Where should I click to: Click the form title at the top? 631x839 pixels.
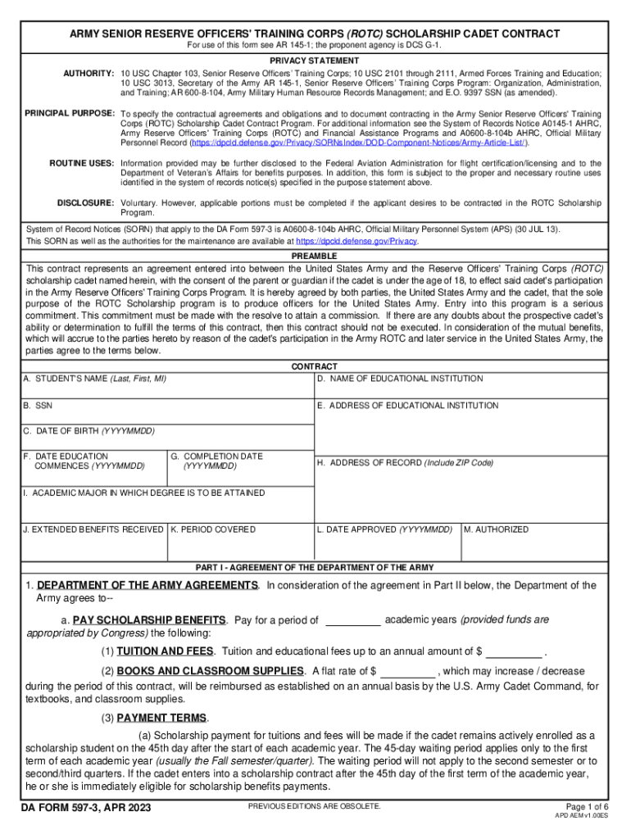click(x=315, y=34)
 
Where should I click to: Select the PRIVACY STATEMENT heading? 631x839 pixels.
click(x=315, y=61)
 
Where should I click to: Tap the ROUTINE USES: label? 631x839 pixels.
click(x=81, y=164)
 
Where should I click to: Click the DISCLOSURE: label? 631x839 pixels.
click(x=85, y=202)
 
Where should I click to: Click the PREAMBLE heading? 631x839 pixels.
click(x=315, y=256)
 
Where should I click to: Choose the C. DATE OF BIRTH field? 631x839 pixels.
click(x=167, y=439)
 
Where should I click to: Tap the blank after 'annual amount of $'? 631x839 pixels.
click(x=515, y=652)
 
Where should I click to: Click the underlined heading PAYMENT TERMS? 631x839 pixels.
click(x=162, y=719)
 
